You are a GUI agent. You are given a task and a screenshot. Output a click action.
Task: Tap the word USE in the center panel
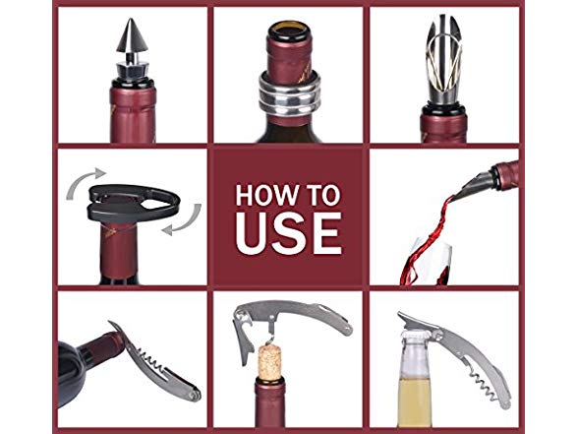click(289, 233)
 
